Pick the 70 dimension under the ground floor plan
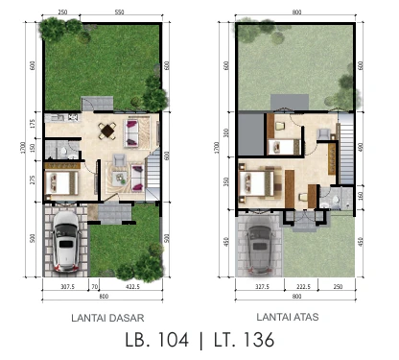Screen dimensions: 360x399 (95, 286)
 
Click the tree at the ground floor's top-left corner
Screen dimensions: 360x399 (50, 29)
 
